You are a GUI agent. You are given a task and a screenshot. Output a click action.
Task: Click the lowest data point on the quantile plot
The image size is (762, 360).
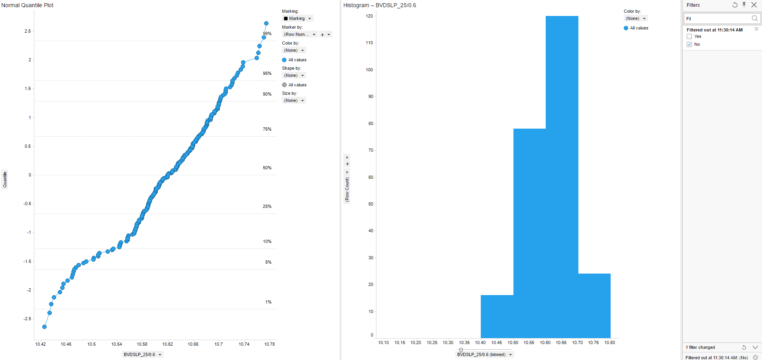[x=45, y=327]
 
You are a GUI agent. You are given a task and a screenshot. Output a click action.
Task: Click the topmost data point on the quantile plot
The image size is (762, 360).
[x=266, y=23]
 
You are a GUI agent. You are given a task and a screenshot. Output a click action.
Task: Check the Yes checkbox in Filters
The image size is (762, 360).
[x=690, y=37]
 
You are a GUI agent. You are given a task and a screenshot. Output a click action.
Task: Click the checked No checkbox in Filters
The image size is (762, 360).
[x=690, y=45]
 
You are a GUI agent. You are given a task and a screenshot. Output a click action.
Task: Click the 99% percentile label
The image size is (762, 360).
[x=267, y=34]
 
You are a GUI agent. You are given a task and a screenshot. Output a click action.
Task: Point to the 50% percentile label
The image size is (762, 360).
[x=267, y=168]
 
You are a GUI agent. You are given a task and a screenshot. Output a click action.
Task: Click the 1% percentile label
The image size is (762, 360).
[x=268, y=302]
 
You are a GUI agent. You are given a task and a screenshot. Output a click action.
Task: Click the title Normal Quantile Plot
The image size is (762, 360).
[x=27, y=5]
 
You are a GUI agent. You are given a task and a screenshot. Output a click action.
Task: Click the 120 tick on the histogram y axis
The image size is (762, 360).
[x=370, y=16]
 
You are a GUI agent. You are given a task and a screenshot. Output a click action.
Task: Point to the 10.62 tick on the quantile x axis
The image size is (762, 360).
[x=168, y=344]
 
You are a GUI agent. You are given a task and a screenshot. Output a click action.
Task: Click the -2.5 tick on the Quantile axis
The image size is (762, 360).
[x=27, y=319]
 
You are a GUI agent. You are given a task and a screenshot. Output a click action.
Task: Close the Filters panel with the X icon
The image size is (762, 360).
[x=754, y=5]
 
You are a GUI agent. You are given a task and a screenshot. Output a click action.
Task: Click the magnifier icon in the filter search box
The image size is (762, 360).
[x=754, y=19]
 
